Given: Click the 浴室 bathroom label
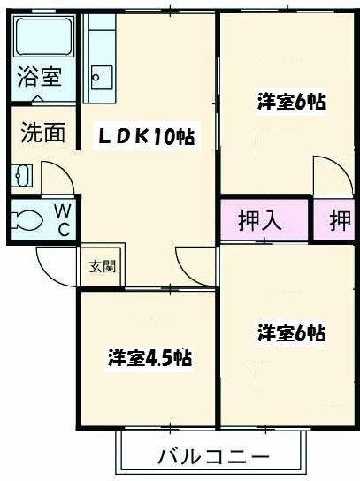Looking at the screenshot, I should click(40, 77).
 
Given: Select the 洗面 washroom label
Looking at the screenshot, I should click(43, 133).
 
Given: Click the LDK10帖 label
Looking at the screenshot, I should click(146, 137).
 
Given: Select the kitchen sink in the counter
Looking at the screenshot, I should click(101, 75).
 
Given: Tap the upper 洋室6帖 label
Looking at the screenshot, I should click(291, 102).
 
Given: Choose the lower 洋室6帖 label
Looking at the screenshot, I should click(291, 333).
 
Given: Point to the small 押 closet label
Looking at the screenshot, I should click(340, 221).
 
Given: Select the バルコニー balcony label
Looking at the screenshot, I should click(213, 457).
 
